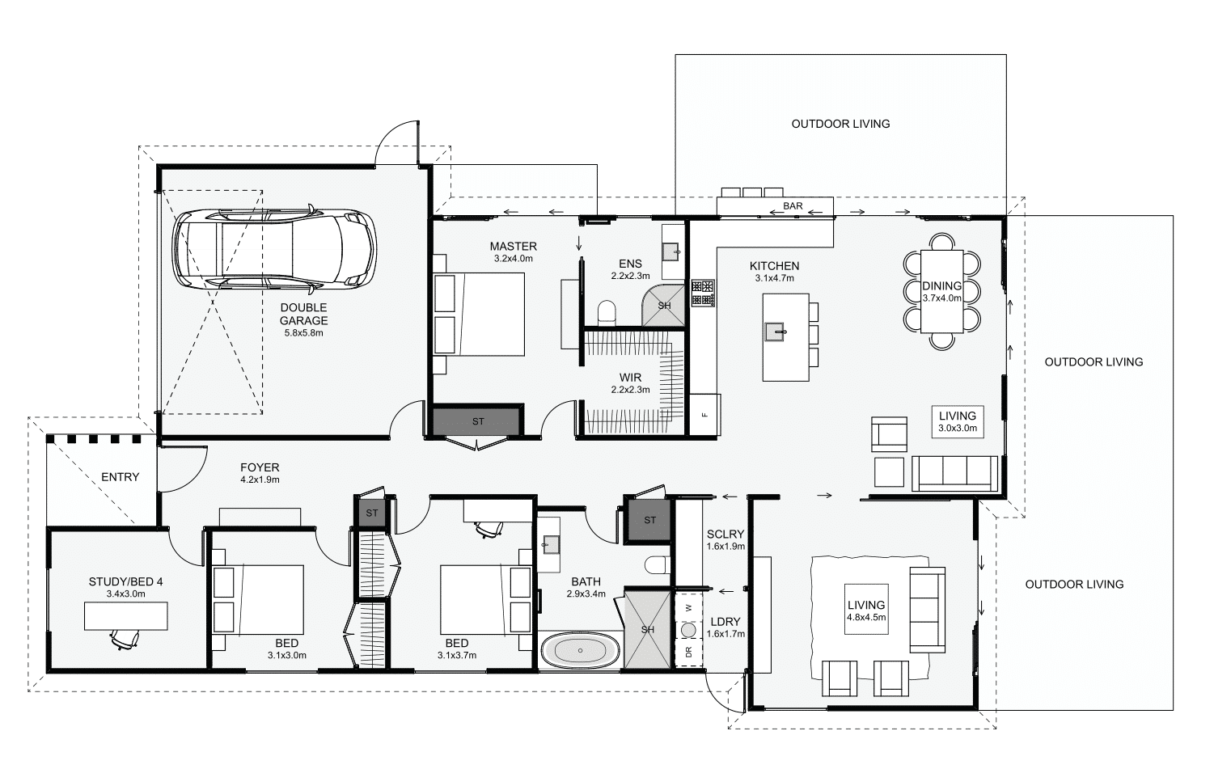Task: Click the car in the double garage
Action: pos(274,248)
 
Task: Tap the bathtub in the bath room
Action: pos(580,650)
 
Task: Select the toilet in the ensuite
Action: pos(607,313)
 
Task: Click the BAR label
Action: pos(793,206)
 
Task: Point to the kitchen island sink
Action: pos(775,332)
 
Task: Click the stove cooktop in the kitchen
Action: pos(702,294)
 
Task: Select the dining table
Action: pos(942,291)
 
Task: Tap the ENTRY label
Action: pos(121,477)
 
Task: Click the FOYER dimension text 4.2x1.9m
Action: pos(260,480)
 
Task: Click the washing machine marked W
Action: pos(688,609)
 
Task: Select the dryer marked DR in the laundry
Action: pos(688,653)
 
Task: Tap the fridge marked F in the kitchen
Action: pos(704,415)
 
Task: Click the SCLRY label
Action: pos(725,534)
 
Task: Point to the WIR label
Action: pos(630,377)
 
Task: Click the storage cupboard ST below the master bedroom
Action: pos(477,421)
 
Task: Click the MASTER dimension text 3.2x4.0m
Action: pos(514,259)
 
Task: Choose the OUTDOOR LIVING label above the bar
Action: pos(840,124)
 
